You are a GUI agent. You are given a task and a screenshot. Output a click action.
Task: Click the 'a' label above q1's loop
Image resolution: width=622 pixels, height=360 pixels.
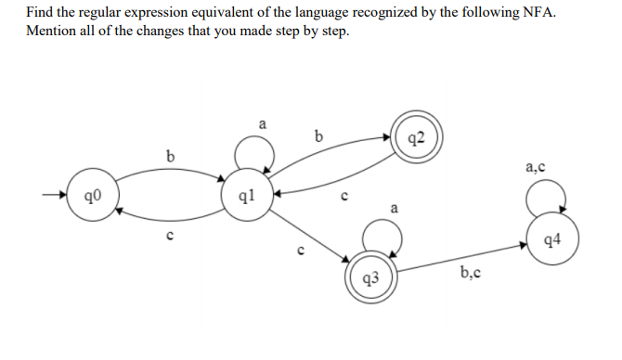pos(262,122)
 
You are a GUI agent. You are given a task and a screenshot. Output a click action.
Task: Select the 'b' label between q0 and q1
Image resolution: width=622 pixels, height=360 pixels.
pos(168,155)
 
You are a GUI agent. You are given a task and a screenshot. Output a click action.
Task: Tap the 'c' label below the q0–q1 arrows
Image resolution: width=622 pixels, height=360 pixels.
pos(167,237)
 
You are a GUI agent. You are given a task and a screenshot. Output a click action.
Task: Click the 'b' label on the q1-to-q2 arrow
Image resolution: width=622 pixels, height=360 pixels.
pos(319,135)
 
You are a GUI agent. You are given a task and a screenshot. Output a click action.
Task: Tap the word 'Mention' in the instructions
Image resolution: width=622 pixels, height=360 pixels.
pos(52,32)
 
